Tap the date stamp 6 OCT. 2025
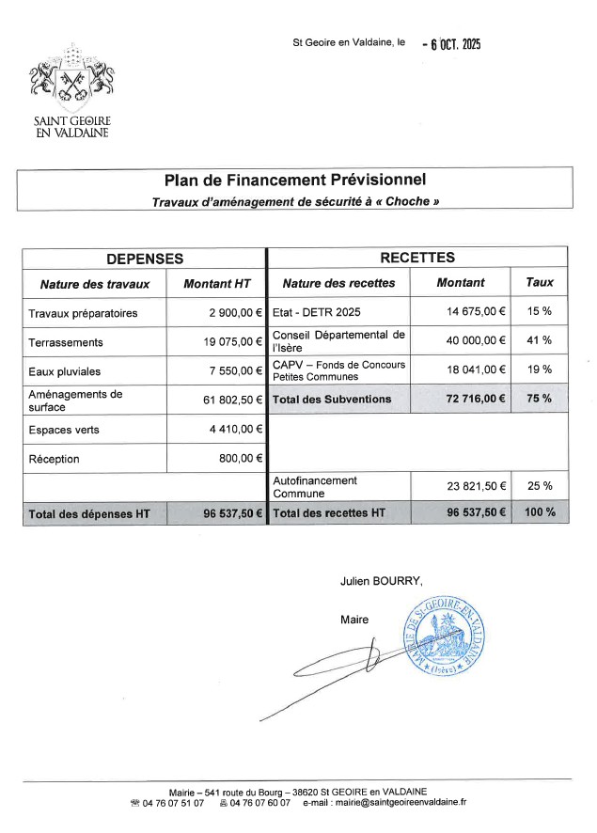(x=452, y=43)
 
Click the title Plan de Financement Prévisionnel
(x=295, y=180)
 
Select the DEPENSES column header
(x=145, y=258)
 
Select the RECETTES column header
(x=416, y=258)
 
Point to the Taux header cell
(x=539, y=282)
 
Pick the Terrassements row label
(x=66, y=342)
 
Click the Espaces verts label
(x=64, y=430)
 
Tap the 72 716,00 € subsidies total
(x=474, y=400)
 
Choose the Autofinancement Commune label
(x=315, y=487)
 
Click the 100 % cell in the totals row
(x=539, y=513)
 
